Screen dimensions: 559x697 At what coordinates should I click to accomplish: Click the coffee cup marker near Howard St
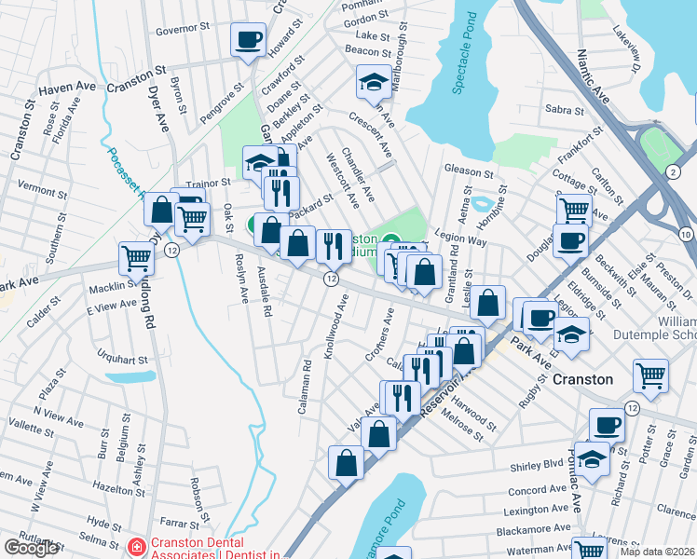[247, 40]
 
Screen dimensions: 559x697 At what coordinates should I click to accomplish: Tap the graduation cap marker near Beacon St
[374, 82]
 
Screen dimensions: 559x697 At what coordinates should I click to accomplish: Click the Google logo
[31, 548]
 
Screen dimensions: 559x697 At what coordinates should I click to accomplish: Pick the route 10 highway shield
[686, 233]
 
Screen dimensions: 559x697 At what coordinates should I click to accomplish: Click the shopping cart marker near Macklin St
[137, 258]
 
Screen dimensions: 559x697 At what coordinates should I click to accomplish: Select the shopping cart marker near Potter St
[650, 375]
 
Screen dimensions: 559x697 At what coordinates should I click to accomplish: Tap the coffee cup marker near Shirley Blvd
[607, 425]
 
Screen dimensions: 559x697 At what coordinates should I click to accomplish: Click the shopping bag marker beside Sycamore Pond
[346, 463]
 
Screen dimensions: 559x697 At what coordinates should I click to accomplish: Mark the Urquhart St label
[123, 360]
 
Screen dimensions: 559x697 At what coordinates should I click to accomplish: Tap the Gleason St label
[469, 172]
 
